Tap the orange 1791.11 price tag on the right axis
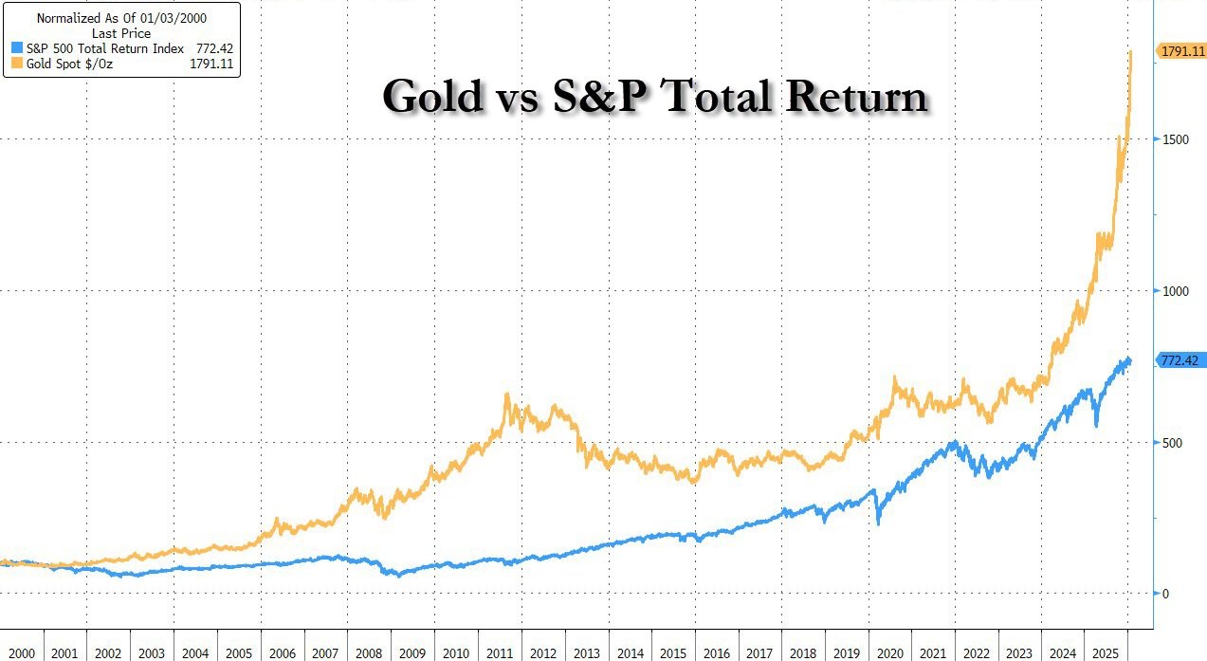tap(1180, 51)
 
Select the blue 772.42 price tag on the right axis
tap(1180, 360)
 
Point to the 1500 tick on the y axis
tap(1176, 139)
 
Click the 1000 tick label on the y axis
tap(1176, 291)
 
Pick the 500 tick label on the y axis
tap(1173, 443)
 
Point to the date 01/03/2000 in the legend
tap(175, 17)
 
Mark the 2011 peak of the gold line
tap(507, 395)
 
